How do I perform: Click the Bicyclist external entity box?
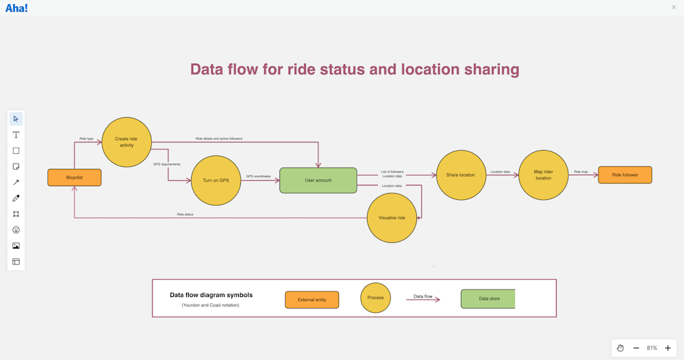point(75,178)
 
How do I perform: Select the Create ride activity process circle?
point(127,142)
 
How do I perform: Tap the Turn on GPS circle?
point(216,181)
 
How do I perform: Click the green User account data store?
point(318,181)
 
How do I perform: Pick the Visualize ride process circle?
point(392,218)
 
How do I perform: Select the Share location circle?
point(461,175)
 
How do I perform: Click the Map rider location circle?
point(543,175)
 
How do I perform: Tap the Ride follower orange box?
point(624,175)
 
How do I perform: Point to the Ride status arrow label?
point(185,214)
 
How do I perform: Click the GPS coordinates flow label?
point(258,177)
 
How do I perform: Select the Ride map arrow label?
point(581,172)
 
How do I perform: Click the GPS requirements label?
point(166,164)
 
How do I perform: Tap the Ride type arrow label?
point(86,139)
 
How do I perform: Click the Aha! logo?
point(16,8)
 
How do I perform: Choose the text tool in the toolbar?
point(16,135)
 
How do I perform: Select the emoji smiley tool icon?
point(16,230)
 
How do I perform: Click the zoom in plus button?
point(668,348)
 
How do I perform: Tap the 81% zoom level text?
point(652,348)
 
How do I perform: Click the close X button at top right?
point(674,8)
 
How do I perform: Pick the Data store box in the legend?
point(488,299)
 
